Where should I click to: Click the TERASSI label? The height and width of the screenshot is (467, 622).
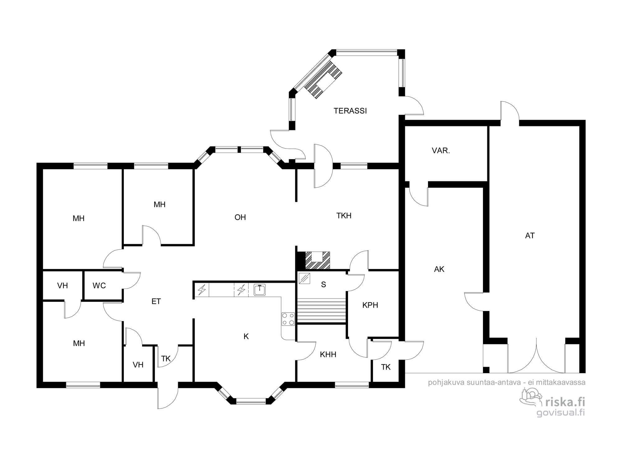350,111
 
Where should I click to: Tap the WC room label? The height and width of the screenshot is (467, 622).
99,285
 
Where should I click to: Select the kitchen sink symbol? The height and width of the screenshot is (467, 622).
259,290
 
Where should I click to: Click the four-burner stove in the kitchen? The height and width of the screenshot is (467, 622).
288,319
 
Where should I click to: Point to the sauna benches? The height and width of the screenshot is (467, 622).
322,311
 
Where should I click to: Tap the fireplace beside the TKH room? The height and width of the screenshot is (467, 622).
317,260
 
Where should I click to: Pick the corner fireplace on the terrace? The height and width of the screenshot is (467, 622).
323,80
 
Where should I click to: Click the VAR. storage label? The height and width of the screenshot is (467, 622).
441,151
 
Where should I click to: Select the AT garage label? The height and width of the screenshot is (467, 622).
530,236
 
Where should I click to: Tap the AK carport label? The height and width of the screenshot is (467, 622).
439,269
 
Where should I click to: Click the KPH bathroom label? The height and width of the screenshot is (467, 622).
370,305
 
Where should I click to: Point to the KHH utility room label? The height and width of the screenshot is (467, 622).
328,354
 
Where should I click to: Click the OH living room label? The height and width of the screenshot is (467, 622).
240,217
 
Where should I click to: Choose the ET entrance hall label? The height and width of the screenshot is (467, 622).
156,301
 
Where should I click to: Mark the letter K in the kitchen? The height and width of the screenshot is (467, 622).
246,337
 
